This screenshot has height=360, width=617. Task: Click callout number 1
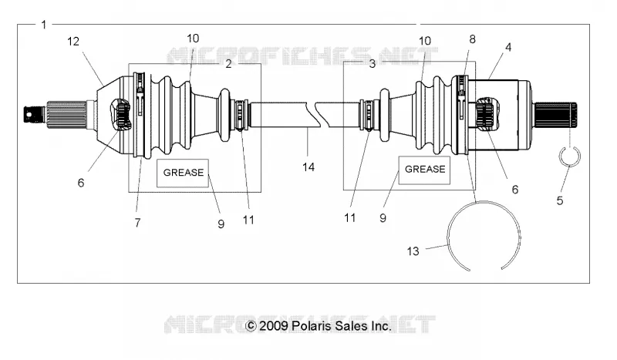point(44,25)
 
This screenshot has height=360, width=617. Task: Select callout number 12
point(73,42)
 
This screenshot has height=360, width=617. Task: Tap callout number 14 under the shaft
point(308,167)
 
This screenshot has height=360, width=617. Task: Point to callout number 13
point(413,251)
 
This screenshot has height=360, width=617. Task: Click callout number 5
point(560,200)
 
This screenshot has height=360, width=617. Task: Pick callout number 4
point(508,47)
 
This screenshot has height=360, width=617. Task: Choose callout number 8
point(472,39)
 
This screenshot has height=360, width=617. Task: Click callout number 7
point(137,223)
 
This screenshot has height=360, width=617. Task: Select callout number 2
point(228,64)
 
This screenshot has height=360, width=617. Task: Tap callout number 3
point(373,64)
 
